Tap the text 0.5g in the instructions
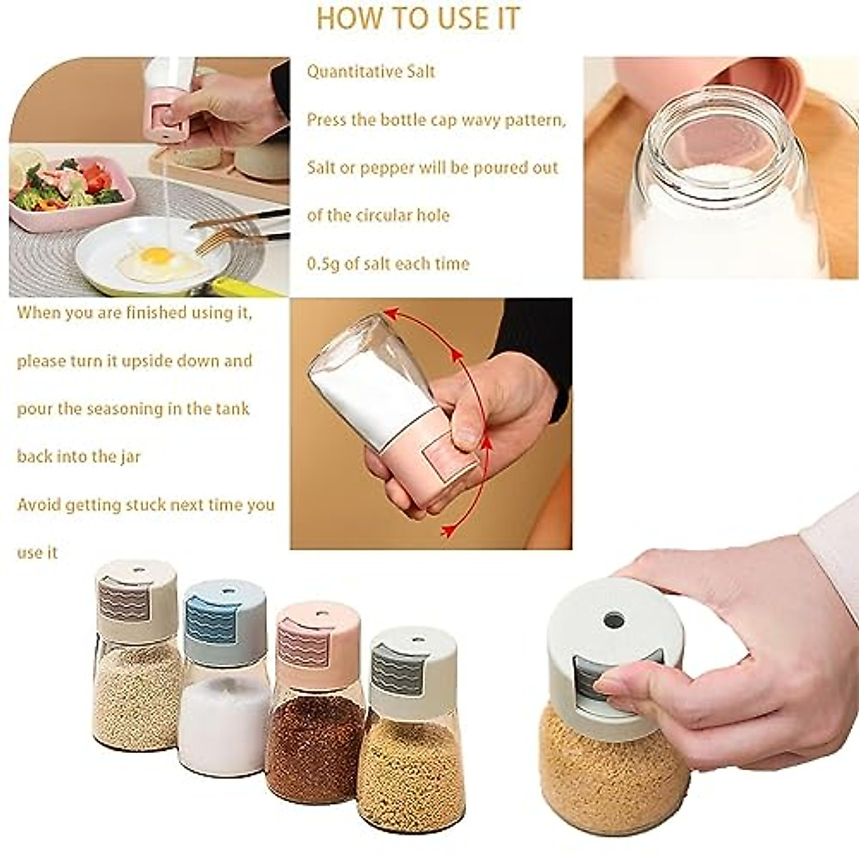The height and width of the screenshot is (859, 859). (x=323, y=264)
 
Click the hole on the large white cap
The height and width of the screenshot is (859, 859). (x=613, y=620)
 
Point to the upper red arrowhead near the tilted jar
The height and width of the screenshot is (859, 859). (x=390, y=314)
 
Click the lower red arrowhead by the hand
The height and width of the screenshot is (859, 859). (x=448, y=530)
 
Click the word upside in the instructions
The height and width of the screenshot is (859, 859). (x=150, y=361)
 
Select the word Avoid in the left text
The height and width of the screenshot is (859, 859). (x=39, y=505)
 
